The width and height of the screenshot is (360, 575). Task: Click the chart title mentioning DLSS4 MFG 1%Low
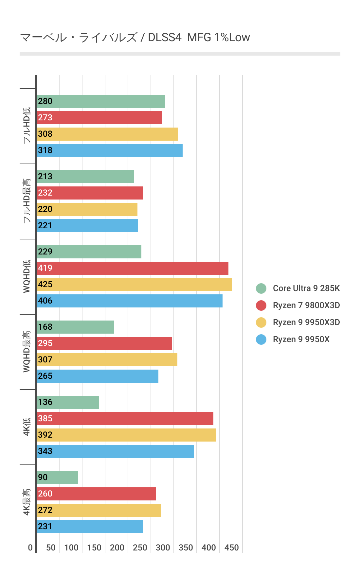pos(135,38)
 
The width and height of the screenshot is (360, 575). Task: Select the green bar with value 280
pos(101,101)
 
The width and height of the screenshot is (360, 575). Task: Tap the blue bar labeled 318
pos(110,150)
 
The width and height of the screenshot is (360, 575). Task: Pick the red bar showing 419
pos(133,268)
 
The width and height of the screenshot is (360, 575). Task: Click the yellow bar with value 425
pos(134,285)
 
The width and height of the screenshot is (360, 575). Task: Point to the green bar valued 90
pos(57,478)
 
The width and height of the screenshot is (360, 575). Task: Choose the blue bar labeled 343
pos(115,451)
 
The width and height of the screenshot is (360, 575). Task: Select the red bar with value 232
pos(90,193)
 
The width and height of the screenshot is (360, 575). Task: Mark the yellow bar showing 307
pos(107,360)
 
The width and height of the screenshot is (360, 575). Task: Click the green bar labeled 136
pos(68,402)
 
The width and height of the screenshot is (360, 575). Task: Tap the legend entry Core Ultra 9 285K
pos(306,288)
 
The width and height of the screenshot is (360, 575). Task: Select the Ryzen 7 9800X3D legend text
pos(306,305)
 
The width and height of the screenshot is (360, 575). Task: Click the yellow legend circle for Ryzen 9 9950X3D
pos(261,322)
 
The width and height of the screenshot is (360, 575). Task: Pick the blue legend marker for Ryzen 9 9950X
pos(261,340)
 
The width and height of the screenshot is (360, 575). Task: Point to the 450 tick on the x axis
pos(232,548)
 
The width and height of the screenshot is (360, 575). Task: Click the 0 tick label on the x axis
pos(30,548)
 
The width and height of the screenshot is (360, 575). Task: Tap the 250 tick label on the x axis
pos(140,548)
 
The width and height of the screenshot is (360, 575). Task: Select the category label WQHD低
pos(27,276)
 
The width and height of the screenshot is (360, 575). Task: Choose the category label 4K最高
pos(27,502)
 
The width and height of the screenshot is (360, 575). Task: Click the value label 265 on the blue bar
pos(45,376)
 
